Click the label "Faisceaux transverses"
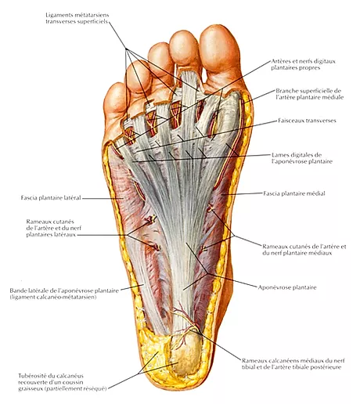click(307, 121)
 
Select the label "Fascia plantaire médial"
click(294, 193)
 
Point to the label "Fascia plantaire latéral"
click(51, 198)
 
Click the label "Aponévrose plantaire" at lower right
click(287, 287)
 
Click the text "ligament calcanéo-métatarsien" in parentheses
click(53, 297)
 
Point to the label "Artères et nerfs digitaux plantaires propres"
click(303, 64)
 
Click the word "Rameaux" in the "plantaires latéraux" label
click(38, 222)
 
